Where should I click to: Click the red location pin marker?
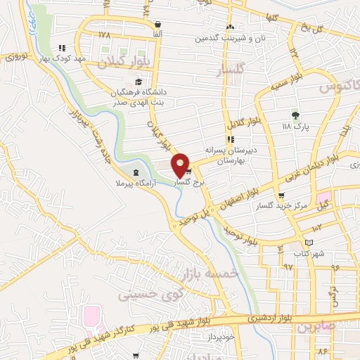coord(181,165)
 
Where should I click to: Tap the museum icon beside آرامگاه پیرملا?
coord(136,173)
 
